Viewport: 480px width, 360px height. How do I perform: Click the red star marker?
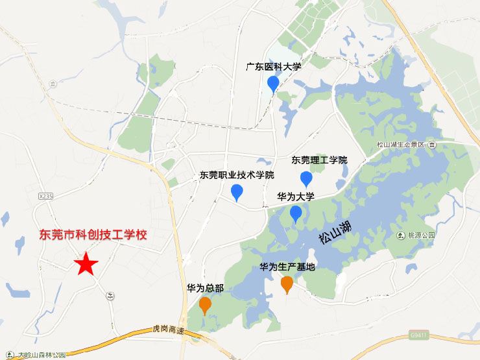point(85,264)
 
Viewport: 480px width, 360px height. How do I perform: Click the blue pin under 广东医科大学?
point(273,84)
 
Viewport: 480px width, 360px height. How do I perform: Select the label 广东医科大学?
point(274,66)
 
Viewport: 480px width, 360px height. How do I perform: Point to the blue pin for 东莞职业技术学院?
point(237,192)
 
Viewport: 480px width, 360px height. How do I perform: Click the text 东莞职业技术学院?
point(237,175)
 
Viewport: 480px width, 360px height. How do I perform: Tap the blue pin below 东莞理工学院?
point(306,179)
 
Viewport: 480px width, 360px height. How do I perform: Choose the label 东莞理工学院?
point(320,160)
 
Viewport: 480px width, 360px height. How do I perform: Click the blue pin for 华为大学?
point(296,213)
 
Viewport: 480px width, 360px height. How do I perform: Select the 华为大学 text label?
point(296,197)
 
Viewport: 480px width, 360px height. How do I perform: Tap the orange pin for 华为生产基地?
point(287,283)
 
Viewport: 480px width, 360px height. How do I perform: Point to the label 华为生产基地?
point(287,267)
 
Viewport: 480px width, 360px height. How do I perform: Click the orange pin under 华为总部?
point(205,304)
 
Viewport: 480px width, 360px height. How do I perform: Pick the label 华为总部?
point(205,288)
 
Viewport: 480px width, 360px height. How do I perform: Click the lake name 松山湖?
point(335,232)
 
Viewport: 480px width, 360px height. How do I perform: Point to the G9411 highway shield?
point(419,335)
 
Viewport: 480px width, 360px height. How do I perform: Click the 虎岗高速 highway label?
point(169,330)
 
